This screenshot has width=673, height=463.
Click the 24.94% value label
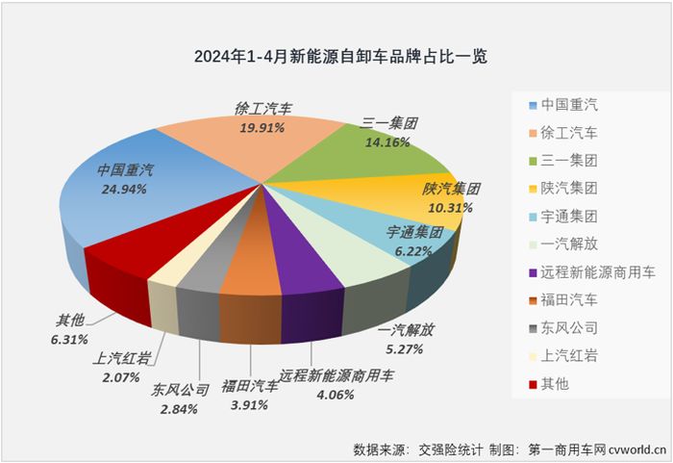coord(123,190)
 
